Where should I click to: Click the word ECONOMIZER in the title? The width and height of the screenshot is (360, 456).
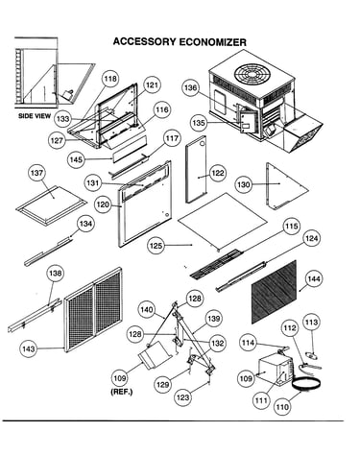pos(212,42)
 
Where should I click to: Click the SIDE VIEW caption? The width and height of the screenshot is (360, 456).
pos(35,116)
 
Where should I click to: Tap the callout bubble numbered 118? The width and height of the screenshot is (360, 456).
pos(110,79)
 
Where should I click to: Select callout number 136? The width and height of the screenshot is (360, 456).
pos(191,87)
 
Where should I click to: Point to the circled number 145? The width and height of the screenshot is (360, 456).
pos(76,159)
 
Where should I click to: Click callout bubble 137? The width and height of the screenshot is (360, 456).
pos(37,173)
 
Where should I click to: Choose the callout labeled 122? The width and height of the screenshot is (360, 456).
pos(218,173)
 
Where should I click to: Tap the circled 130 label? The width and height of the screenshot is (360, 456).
pos(244,184)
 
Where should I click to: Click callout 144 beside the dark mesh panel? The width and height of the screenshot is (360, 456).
pos(314,279)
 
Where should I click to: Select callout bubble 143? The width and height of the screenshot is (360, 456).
pos(29,349)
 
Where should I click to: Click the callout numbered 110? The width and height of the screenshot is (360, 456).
pos(282,407)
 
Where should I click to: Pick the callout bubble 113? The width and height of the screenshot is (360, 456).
pos(311,323)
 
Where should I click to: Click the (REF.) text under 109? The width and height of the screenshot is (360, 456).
pos(121,392)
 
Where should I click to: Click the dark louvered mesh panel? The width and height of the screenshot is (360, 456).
pos(274,291)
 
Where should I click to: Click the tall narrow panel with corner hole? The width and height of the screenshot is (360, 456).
pos(197,169)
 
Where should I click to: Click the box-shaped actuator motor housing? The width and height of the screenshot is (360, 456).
pos(275,371)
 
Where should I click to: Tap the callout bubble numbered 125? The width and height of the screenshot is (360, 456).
pos(156,246)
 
